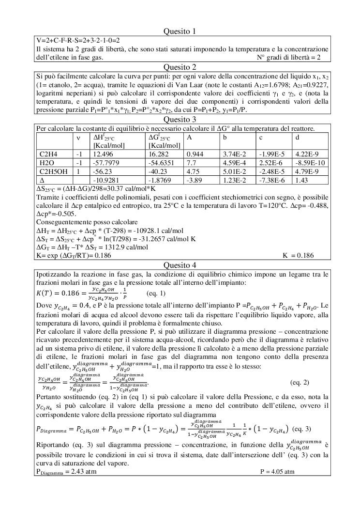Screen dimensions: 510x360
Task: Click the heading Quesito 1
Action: (x=180, y=31)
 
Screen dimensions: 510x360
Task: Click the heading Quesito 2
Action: (x=180, y=67)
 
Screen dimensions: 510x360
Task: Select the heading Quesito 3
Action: (x=180, y=119)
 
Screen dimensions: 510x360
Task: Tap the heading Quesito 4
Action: (x=180, y=265)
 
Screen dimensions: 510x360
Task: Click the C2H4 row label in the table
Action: (x=47, y=154)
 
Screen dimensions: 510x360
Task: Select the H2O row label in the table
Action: (x=46, y=162)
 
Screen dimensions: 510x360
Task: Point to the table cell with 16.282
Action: (x=159, y=154)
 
